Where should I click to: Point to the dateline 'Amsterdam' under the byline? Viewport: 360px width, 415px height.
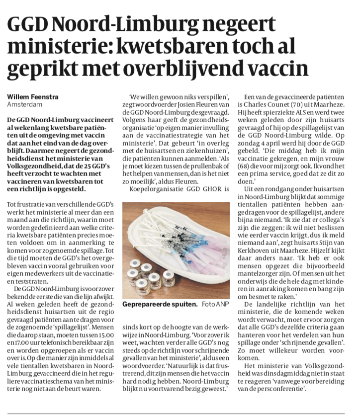coord(24,104)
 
